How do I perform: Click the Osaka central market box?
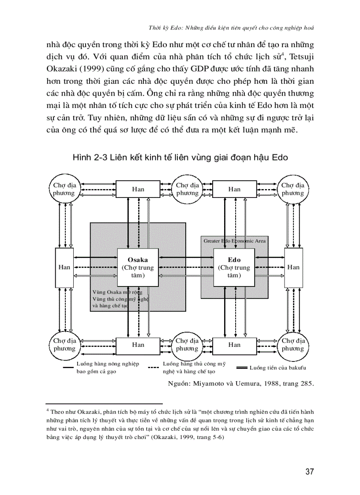pos(138,267)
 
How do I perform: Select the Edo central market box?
pos(234,267)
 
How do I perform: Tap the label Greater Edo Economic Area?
pos(234,241)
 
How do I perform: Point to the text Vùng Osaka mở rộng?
pos(117,292)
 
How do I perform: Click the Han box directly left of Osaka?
pos(64,267)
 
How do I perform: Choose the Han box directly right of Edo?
pos(293,267)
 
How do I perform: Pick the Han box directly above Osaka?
pos(138,189)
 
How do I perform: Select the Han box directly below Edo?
pos(234,345)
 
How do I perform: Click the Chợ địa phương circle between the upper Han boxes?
pos(187,189)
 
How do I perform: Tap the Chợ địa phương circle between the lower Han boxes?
pos(187,345)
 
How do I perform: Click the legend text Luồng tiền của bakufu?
pos(277,368)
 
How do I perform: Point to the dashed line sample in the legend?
pos(153,368)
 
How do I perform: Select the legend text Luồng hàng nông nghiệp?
pos(108,364)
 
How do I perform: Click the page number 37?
pos(309,472)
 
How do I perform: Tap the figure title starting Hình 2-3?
pos(180,158)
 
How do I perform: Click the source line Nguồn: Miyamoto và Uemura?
pos(241,383)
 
